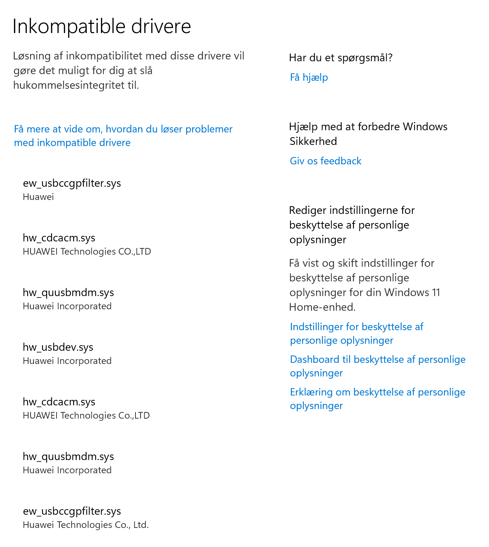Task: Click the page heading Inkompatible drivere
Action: (x=102, y=26)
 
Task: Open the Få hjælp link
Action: (x=309, y=77)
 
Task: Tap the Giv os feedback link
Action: (x=325, y=161)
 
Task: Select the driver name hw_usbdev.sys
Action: (x=58, y=347)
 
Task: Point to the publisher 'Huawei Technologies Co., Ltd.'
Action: (x=86, y=525)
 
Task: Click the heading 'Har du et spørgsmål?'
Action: (x=341, y=58)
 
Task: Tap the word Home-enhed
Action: (x=322, y=307)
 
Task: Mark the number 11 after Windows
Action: (x=436, y=292)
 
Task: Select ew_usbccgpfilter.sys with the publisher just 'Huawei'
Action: (x=72, y=183)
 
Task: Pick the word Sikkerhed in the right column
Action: (x=313, y=141)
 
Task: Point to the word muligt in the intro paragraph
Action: (x=75, y=70)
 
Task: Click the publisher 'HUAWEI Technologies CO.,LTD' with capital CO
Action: (x=87, y=252)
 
